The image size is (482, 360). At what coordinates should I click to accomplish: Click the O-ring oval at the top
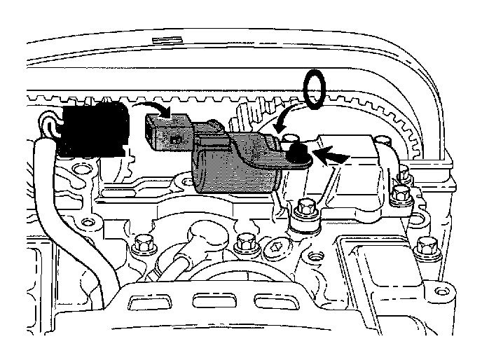click(x=316, y=90)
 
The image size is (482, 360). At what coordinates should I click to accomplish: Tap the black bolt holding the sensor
click(x=295, y=148)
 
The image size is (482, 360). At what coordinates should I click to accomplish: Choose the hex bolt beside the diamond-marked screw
click(x=245, y=243)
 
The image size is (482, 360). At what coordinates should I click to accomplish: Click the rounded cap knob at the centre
click(x=200, y=230)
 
